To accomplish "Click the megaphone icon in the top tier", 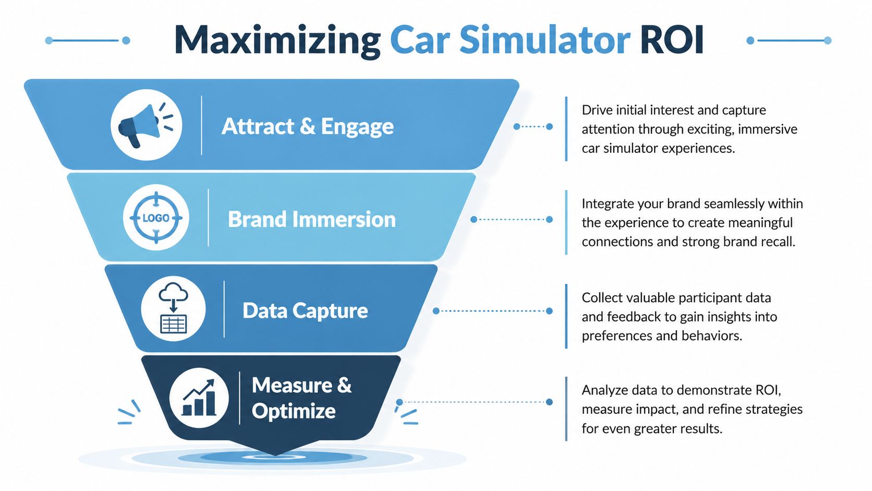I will coord(146,125).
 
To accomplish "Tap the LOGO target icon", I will coord(156,218).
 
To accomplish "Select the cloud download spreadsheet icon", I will coord(173,309).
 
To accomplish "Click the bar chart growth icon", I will coord(199,398).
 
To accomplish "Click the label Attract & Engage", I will coord(307,126).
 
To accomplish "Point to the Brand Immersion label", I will coord(311,219).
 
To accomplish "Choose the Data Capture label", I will coord(305,310).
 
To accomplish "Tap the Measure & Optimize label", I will coord(301,398).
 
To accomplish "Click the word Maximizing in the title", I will coord(277,40).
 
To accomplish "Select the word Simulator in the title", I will coord(544,40).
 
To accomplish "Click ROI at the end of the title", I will coord(671,40).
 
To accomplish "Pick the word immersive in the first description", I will coord(767,129).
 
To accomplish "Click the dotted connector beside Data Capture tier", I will coord(492,311).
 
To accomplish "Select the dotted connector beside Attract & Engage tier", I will coord(533,126).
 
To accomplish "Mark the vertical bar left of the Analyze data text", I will coord(566,409).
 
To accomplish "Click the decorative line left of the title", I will coord(87,40).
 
